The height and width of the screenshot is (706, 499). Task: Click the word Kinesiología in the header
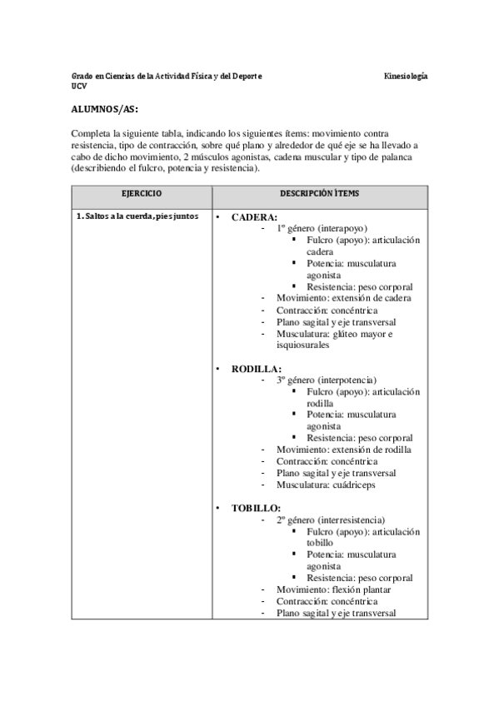[x=406, y=76]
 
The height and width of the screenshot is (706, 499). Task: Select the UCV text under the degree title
[x=78, y=86]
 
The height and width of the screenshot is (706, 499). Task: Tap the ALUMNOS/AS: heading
[x=104, y=108]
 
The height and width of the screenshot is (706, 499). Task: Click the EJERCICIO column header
[x=142, y=193]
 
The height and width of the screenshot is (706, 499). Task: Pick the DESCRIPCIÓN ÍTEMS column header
[x=320, y=193]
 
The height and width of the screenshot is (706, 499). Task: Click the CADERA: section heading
[x=254, y=217]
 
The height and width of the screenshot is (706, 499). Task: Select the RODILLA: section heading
[x=256, y=368]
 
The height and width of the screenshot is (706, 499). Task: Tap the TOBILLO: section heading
[x=256, y=507]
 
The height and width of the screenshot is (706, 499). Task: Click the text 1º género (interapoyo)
[x=322, y=228]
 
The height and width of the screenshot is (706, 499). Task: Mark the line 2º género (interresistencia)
[x=330, y=520]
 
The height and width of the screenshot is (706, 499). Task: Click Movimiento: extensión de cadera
[x=343, y=298]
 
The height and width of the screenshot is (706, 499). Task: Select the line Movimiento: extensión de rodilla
[x=343, y=450]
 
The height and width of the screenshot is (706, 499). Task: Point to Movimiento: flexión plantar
[x=333, y=589]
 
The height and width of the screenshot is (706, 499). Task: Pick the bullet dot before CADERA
[x=218, y=218]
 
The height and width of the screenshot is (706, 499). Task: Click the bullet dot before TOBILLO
[x=218, y=508]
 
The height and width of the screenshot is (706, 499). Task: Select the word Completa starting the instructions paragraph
[x=92, y=133]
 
